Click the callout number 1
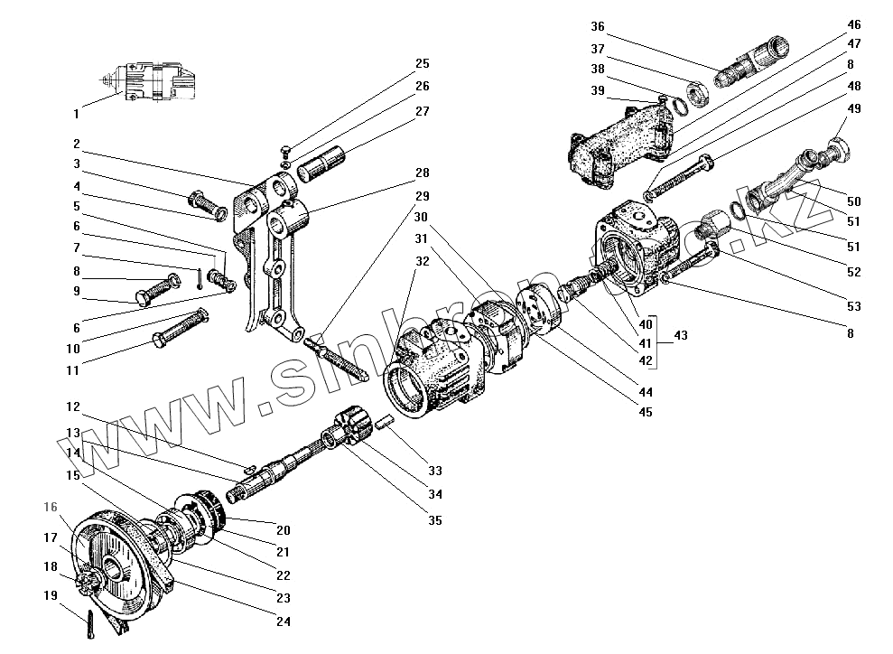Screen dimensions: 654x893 point(76,114)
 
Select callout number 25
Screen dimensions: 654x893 point(423,63)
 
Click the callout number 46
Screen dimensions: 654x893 point(854,24)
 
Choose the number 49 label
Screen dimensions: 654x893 point(854,107)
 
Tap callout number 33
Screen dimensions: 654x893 point(435,471)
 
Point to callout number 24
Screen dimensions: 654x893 point(284,621)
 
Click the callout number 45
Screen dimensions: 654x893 point(645,413)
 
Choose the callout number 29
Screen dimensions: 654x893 point(423,196)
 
